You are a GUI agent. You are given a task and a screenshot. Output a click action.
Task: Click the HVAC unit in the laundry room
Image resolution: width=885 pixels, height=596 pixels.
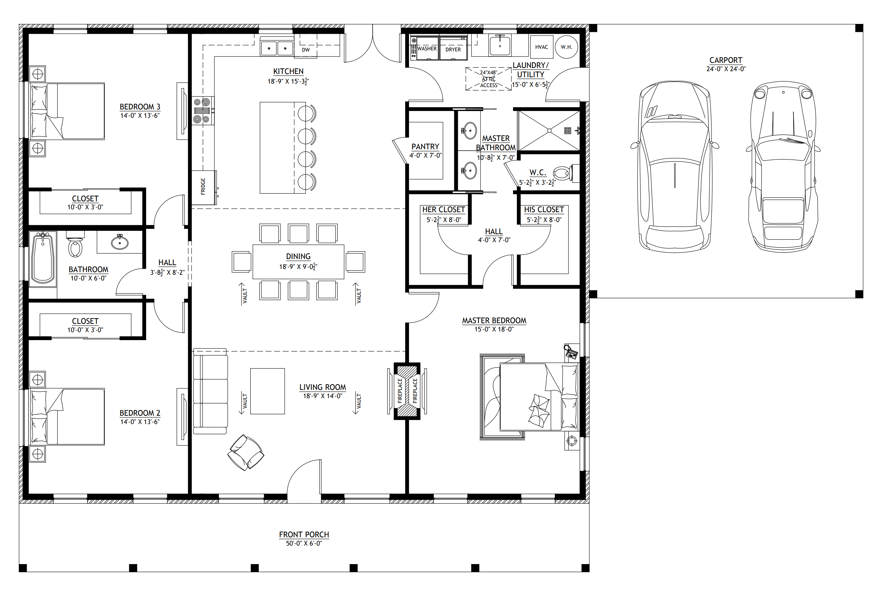pyautogui.click(x=541, y=47)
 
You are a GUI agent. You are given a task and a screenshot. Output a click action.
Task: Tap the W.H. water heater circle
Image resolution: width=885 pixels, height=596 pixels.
pyautogui.click(x=566, y=47)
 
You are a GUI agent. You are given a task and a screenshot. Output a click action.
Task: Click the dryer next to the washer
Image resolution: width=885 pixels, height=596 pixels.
pyautogui.click(x=453, y=48)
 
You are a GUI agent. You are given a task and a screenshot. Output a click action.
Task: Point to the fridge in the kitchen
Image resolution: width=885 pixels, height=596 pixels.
pyautogui.click(x=204, y=187)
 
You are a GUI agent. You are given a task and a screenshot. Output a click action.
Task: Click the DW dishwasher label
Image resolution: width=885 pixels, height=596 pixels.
pyautogui.click(x=306, y=50)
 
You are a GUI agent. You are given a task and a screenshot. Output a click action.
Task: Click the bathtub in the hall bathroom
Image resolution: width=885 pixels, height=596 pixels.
pyautogui.click(x=43, y=258)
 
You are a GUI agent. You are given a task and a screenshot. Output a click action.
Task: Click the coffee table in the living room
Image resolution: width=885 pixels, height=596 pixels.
pyautogui.click(x=268, y=391)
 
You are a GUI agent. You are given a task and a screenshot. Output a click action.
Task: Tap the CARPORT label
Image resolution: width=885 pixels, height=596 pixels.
pyautogui.click(x=726, y=60)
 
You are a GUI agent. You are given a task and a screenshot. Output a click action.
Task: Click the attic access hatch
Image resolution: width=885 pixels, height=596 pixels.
pyautogui.click(x=489, y=79)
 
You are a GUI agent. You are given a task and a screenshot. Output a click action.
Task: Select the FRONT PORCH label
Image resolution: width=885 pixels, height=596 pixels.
pyautogui.click(x=304, y=534)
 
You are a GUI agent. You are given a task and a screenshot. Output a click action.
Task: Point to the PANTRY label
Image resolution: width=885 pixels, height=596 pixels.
pyautogui.click(x=425, y=146)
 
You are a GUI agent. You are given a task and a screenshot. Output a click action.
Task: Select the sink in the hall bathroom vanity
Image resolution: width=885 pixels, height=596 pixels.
pyautogui.click(x=120, y=242)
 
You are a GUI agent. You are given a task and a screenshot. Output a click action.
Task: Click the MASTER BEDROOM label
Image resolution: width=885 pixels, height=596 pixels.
pyautogui.click(x=494, y=320)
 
